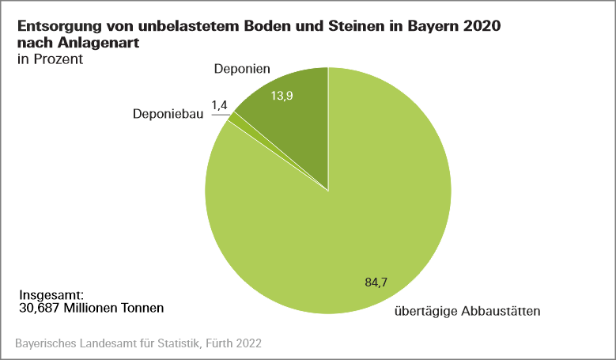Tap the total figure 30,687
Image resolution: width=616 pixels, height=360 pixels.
[38, 308]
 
